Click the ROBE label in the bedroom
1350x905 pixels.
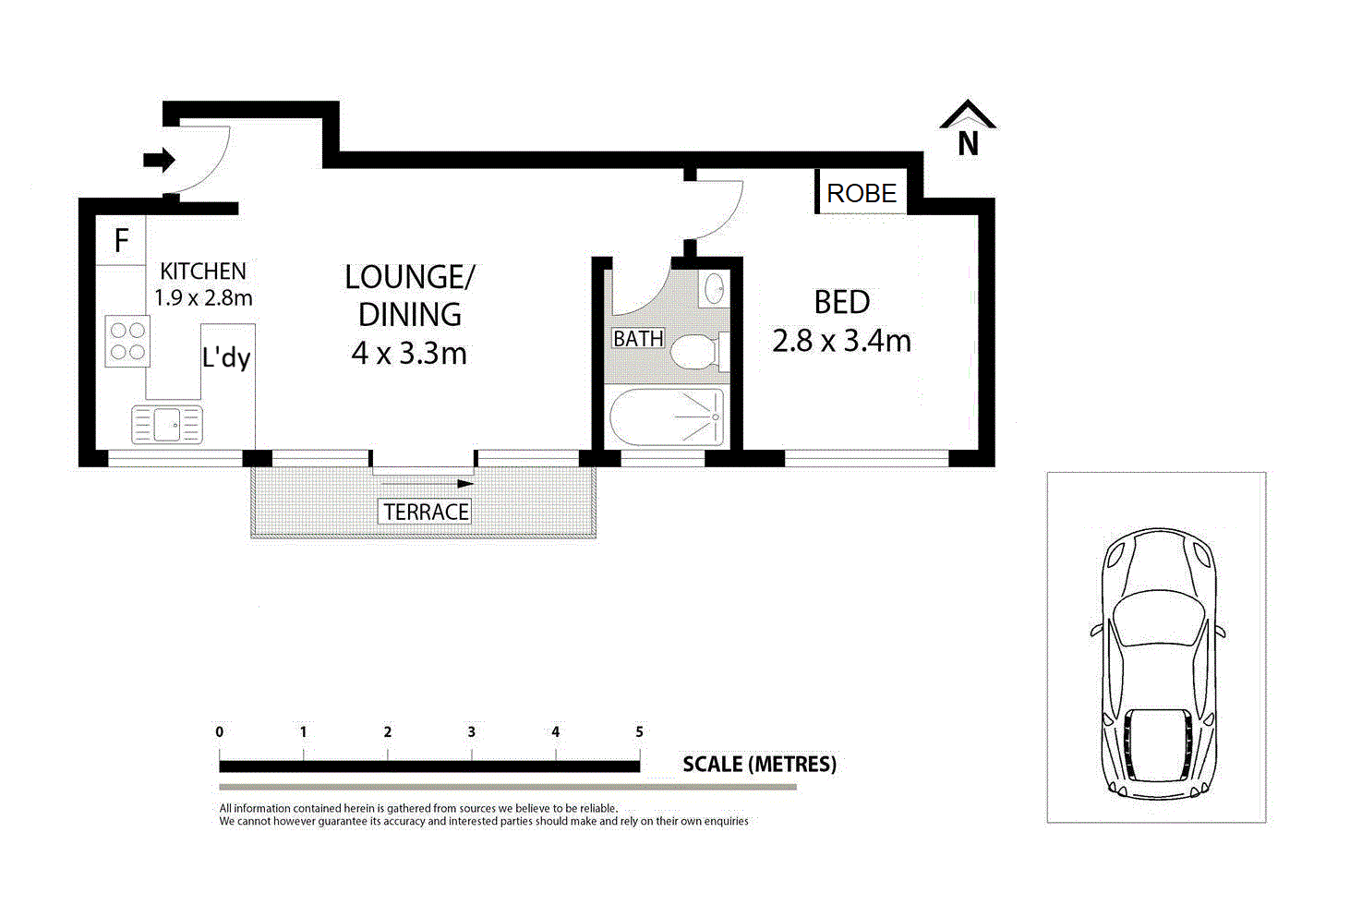(862, 193)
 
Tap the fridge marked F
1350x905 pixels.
(121, 240)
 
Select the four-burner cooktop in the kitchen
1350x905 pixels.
(127, 341)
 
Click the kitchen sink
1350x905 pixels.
(167, 424)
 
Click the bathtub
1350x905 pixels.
(667, 417)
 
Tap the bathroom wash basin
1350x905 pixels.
(714, 289)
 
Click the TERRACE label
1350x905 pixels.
(426, 513)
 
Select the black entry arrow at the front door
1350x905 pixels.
(159, 161)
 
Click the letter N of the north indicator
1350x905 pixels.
(968, 144)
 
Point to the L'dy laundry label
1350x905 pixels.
(226, 357)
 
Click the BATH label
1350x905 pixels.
(638, 339)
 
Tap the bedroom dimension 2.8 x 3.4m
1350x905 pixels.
(841, 341)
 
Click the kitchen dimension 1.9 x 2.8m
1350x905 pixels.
(203, 297)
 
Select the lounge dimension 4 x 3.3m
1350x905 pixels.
(409, 353)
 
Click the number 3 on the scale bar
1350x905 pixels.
(471, 732)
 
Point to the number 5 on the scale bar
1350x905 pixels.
(639, 732)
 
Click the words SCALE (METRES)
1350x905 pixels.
(759, 764)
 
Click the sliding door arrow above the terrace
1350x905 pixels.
(428, 484)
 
